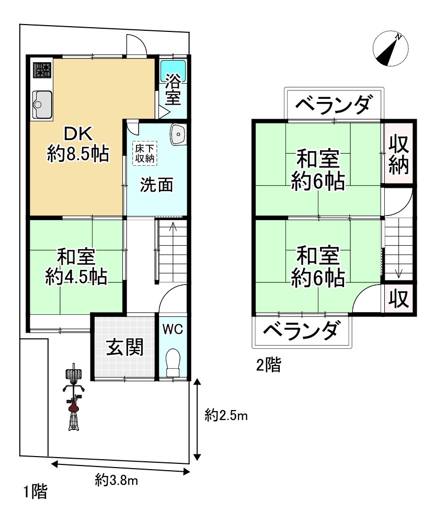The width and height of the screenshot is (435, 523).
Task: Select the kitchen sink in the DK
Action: click(x=42, y=104)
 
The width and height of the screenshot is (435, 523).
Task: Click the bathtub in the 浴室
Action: click(x=173, y=68)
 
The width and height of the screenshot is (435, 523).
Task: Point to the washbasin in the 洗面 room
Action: click(x=178, y=134)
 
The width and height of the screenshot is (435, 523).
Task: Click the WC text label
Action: click(x=172, y=329)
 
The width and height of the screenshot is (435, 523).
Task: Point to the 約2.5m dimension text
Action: click(x=226, y=416)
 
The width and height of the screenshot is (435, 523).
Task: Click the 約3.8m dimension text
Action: click(x=117, y=479)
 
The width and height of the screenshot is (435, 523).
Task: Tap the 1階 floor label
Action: click(x=35, y=492)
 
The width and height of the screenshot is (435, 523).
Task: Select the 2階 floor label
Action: click(x=268, y=365)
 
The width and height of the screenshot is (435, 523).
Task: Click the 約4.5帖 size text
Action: click(x=76, y=276)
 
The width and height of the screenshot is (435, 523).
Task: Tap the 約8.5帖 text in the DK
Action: click(x=78, y=153)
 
